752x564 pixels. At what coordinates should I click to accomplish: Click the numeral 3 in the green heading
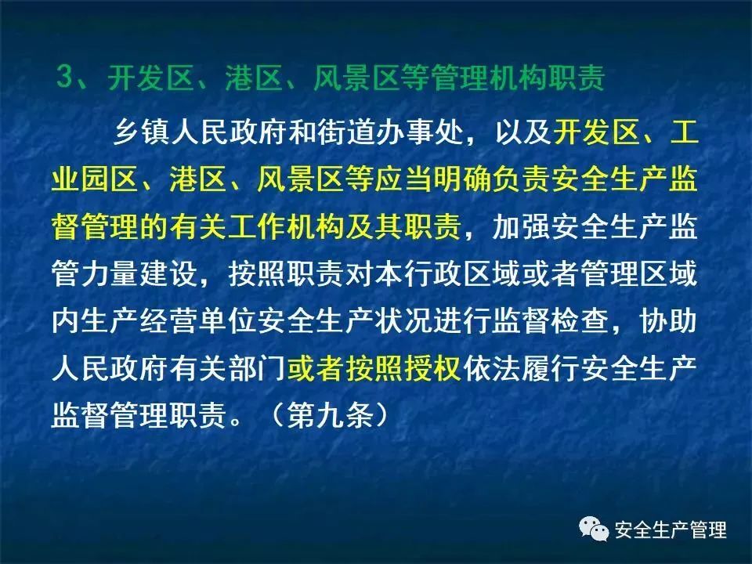(65, 77)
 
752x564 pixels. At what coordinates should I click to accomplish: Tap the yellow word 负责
(522, 179)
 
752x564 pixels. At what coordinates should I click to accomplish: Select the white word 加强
(522, 226)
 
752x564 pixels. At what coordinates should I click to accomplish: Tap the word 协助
(667, 321)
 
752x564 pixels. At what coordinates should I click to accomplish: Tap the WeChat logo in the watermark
(594, 529)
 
